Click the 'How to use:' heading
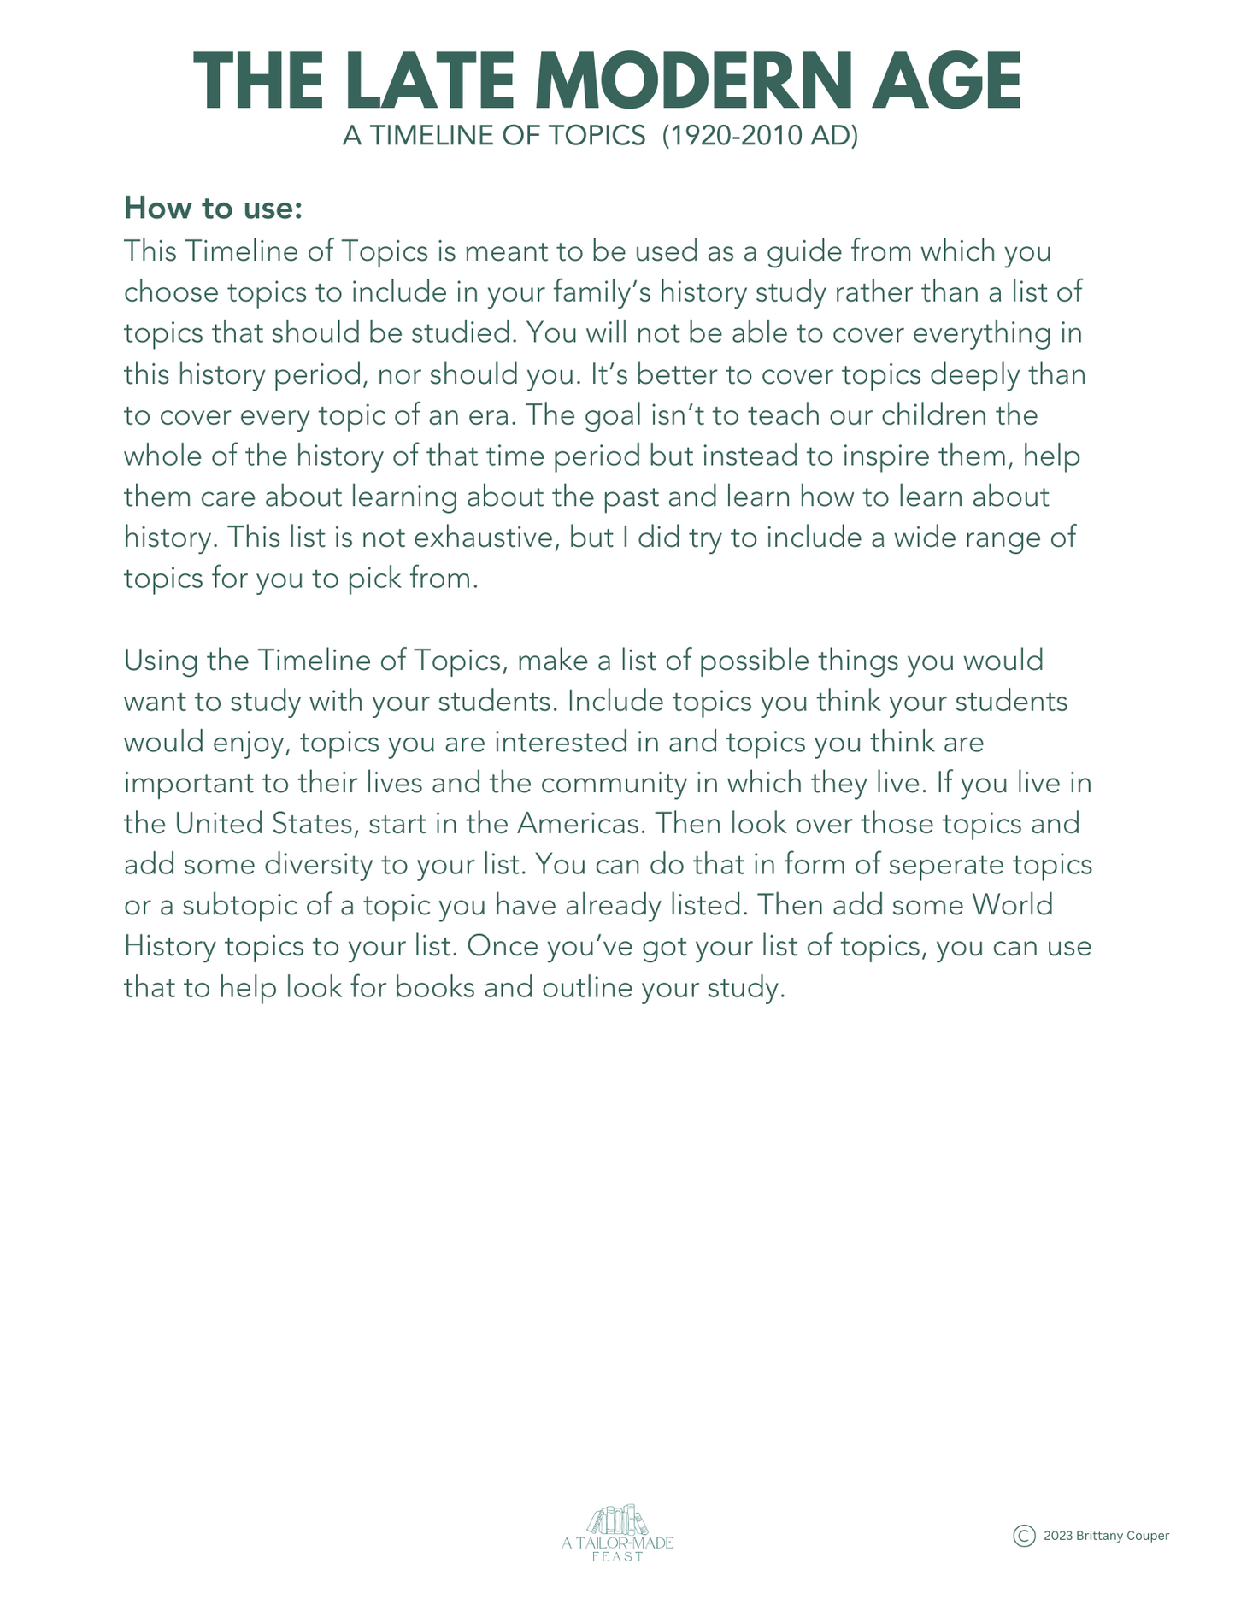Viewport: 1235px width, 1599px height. tap(213, 208)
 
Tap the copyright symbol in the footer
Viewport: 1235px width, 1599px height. tap(1024, 1536)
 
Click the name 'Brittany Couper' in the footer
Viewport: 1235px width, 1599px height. tap(1116, 1537)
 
